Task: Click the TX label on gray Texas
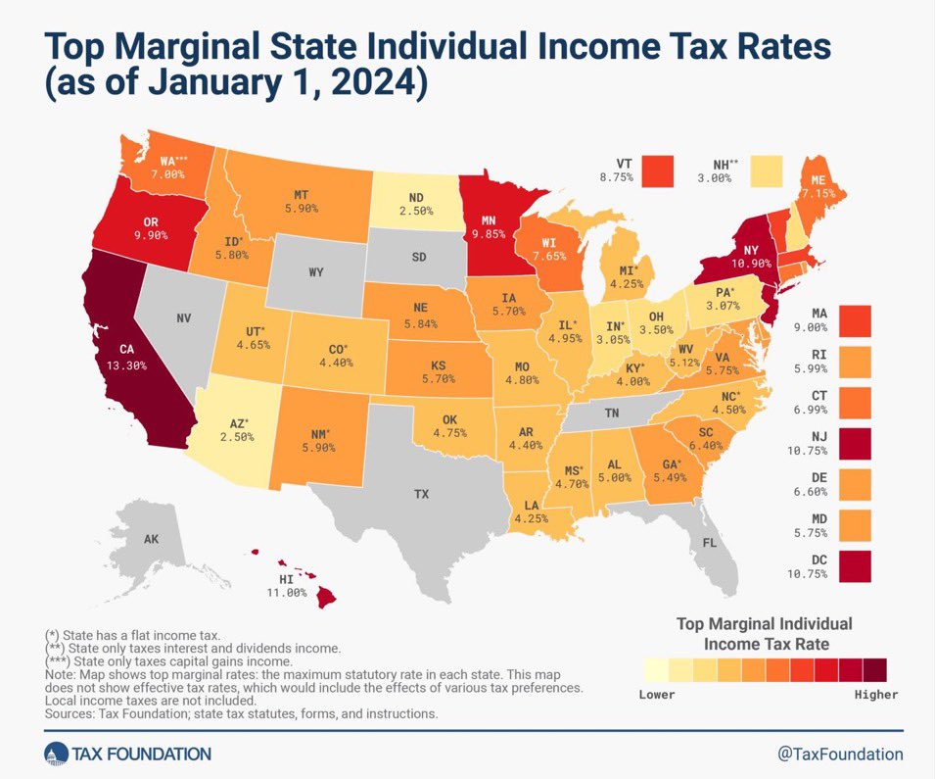pyautogui.click(x=421, y=494)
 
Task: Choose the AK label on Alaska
pyautogui.click(x=152, y=539)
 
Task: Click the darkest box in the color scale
pyautogui.click(x=874, y=669)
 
